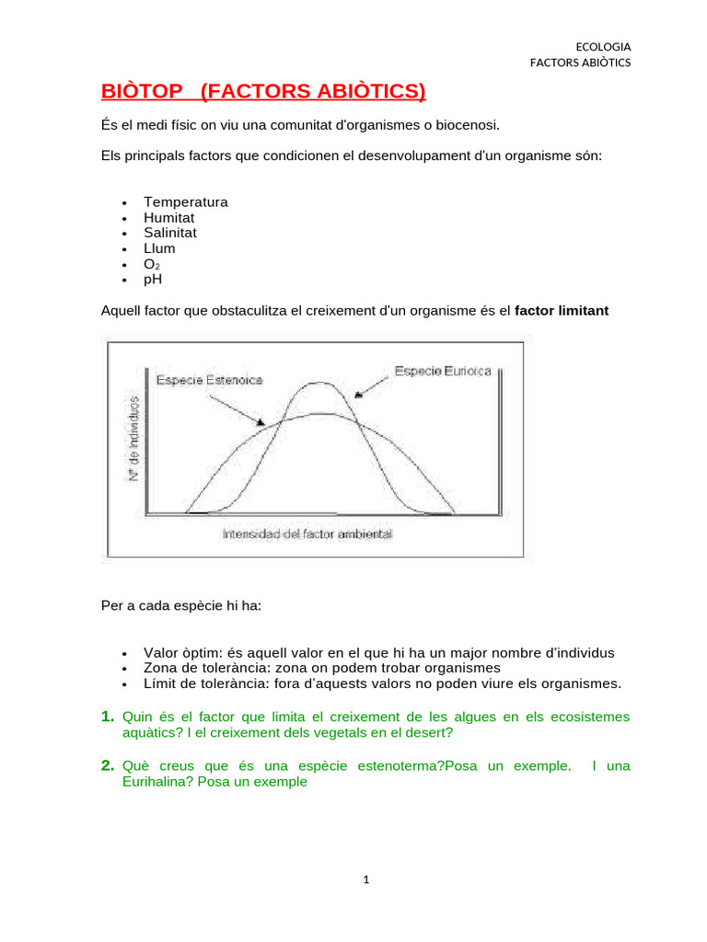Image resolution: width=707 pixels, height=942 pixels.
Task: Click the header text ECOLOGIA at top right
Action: coord(603,47)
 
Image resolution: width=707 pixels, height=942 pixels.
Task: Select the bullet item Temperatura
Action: coord(185,201)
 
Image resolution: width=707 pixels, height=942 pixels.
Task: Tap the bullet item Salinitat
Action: coord(169,233)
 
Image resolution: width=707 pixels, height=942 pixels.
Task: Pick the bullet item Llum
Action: coord(158,248)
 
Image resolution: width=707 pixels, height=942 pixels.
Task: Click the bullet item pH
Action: coord(152,279)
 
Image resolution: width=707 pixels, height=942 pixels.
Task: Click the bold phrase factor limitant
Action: coord(562,311)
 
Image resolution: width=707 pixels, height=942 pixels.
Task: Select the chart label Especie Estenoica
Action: coord(210,380)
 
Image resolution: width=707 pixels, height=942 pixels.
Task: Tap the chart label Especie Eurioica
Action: coord(444,371)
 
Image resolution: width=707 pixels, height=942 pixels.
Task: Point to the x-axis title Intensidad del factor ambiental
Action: coord(307,534)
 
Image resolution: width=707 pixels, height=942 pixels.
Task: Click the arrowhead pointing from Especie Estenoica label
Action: coord(261,421)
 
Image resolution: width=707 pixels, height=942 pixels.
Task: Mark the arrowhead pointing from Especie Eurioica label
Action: coord(358,394)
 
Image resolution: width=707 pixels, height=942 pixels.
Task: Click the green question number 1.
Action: coord(108,716)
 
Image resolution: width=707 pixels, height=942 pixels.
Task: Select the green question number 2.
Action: coord(108,765)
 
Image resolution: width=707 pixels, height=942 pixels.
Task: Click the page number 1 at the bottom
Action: coord(365,880)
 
